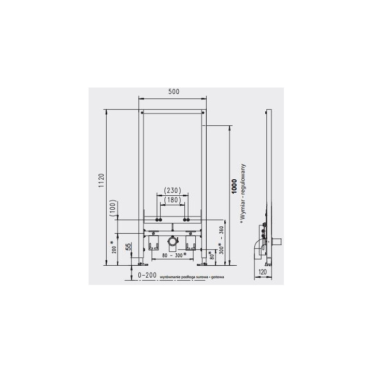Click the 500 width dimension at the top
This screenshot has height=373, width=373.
[173, 92]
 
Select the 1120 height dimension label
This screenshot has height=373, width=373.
[102, 181]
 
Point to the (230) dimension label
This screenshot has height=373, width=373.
[173, 190]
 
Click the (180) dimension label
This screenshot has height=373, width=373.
[173, 200]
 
